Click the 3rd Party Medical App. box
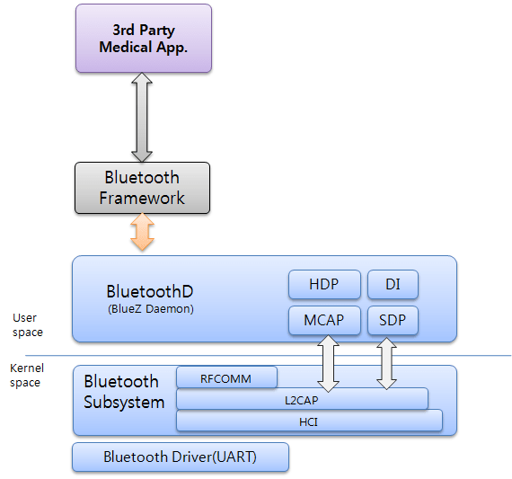tap(144, 39)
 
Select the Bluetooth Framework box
tap(142, 188)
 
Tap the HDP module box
tap(324, 284)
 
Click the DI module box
tap(393, 284)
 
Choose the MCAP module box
tap(324, 320)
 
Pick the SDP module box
tap(393, 320)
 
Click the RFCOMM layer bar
tap(226, 378)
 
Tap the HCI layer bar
tap(309, 420)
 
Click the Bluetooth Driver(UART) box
tap(180, 457)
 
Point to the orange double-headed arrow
tap(142, 233)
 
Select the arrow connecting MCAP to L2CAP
tap(328, 364)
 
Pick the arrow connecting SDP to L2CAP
tap(387, 363)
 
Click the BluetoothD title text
tap(150, 291)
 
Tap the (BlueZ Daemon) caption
tap(149, 309)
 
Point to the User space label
tap(27, 324)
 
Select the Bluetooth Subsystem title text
tap(124, 392)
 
